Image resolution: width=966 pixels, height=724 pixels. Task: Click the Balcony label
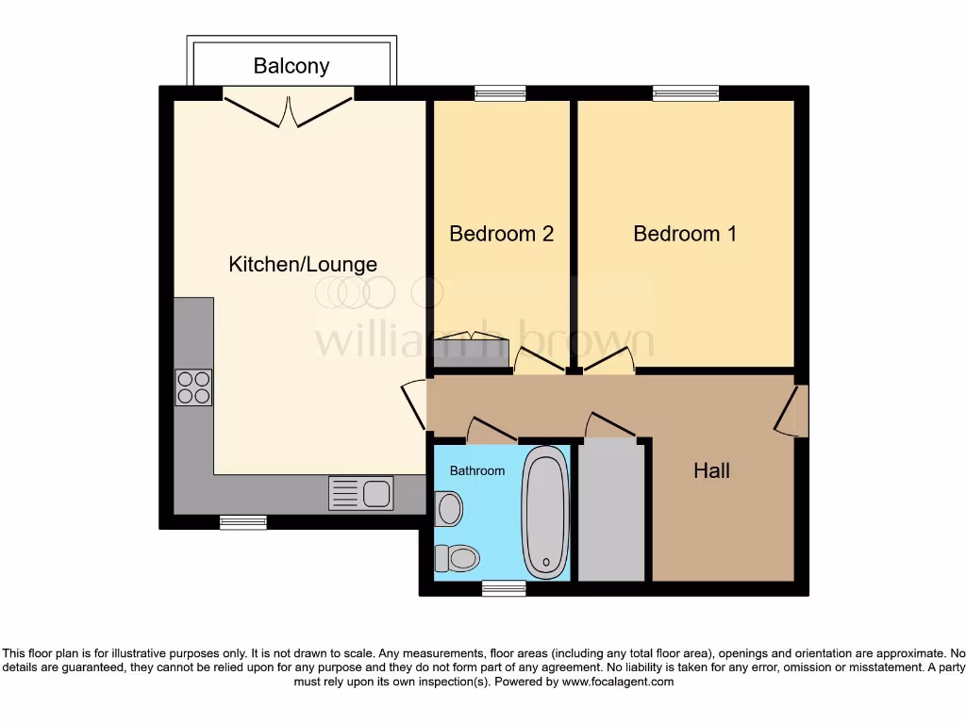291,66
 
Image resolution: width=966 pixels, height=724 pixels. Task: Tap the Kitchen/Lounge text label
303,264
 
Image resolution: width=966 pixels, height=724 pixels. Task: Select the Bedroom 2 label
501,234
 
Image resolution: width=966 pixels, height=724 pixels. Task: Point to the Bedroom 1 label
685,234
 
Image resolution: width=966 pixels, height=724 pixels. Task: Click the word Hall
711,470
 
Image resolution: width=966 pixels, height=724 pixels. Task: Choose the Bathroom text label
476,470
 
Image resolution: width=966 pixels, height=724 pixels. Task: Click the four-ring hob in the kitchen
193,387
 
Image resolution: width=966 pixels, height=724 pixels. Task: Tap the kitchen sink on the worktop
361,493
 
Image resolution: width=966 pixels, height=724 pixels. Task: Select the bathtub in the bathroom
546,512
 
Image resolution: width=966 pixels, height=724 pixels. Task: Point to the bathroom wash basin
448,510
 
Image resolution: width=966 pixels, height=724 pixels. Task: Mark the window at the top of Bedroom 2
500,92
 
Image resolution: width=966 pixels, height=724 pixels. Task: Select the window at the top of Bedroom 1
686,92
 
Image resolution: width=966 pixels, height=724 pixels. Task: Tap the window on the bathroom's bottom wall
503,588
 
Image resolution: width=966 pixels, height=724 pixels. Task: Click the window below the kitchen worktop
243,521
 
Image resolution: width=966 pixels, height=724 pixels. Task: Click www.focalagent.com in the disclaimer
617,682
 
